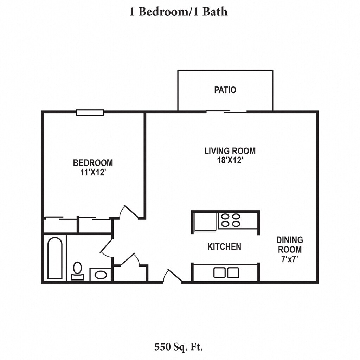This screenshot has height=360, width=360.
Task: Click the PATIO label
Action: pos(225,90)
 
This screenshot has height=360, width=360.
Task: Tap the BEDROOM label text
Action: pos(93,163)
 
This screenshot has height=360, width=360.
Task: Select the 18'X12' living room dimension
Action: pos(230,160)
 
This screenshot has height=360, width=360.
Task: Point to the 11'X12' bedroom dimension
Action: pos(93,172)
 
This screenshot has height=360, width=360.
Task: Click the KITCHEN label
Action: pos(224,246)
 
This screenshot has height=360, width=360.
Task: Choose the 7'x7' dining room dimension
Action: pos(290,259)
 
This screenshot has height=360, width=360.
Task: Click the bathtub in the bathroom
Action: pos(55,258)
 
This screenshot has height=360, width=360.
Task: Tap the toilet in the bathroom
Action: pos(78,271)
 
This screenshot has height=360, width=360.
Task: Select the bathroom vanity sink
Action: pos(101,275)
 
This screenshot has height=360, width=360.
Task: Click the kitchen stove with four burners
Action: pos(230,220)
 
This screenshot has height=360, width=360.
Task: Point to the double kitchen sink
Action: pos(226,273)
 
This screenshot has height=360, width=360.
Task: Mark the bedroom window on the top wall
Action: pos(90,112)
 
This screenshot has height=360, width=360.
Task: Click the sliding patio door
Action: pos(226,111)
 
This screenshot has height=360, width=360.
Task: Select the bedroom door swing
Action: pos(129,212)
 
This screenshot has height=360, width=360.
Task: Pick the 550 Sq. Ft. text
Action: pos(179,347)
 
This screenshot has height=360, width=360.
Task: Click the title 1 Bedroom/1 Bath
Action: pos(179,12)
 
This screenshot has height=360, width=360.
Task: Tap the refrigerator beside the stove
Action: pos(205,221)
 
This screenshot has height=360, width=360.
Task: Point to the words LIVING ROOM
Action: pos(230,151)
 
